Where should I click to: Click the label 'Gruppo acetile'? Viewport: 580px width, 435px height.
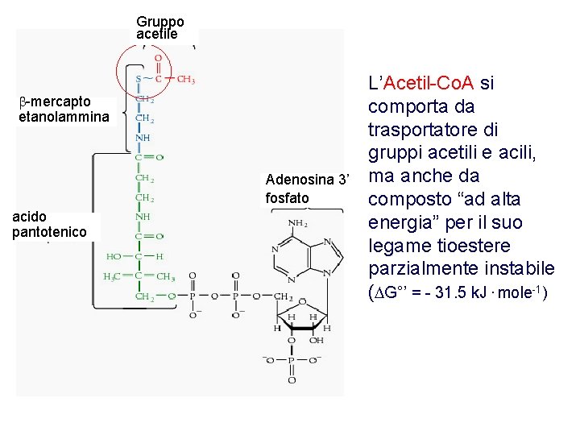[x=160, y=27]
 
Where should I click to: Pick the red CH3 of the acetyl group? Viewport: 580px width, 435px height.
[x=185, y=79]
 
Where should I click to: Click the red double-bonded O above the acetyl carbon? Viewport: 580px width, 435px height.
[x=158, y=59]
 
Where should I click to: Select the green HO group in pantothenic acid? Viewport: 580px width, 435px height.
[x=114, y=256]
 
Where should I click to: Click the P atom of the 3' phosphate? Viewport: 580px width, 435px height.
[x=292, y=359]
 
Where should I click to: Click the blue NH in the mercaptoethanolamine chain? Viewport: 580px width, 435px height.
[x=142, y=138]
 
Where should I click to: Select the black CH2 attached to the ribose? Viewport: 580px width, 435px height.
[x=281, y=296]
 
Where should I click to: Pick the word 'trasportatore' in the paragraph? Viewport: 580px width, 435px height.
[x=417, y=130]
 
